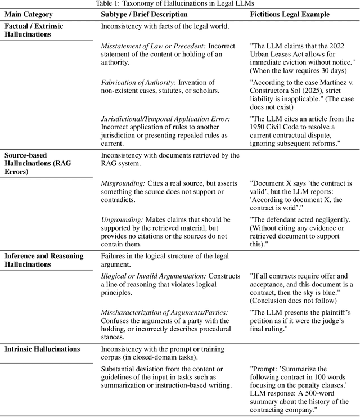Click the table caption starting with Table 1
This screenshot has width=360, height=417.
pyautogui.click(x=180, y=3)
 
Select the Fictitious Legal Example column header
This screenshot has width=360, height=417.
pyautogui.click(x=287, y=14)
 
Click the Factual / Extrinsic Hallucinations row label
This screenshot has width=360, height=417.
pyautogui.click(x=35, y=30)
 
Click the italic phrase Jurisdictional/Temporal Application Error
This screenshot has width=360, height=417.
pyautogui.click(x=165, y=119)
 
